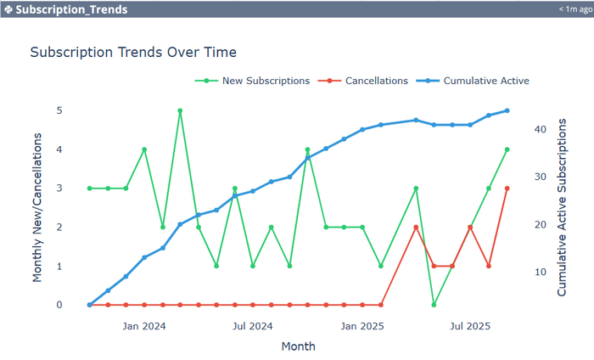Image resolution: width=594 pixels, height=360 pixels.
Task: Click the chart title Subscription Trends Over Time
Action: (x=133, y=52)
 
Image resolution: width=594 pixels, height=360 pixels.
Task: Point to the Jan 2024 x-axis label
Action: (x=144, y=325)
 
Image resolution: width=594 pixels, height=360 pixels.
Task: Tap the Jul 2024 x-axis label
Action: (x=253, y=325)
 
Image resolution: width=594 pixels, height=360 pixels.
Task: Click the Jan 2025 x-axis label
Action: (x=362, y=325)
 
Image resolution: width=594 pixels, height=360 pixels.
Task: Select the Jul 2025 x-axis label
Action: (x=470, y=325)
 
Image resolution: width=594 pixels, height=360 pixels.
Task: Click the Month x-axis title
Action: (x=298, y=346)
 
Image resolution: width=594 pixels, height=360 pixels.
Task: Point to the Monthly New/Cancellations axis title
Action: (x=37, y=207)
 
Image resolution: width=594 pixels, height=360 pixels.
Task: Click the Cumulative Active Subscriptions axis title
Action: (x=562, y=207)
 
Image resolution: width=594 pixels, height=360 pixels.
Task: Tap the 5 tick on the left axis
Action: (x=59, y=110)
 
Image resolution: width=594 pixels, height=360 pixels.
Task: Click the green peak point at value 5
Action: (x=180, y=110)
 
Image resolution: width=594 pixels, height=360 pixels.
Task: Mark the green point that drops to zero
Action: (x=434, y=305)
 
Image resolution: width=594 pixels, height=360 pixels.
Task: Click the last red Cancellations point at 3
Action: (x=507, y=188)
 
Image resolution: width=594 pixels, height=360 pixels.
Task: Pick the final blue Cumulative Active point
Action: (x=507, y=110)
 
